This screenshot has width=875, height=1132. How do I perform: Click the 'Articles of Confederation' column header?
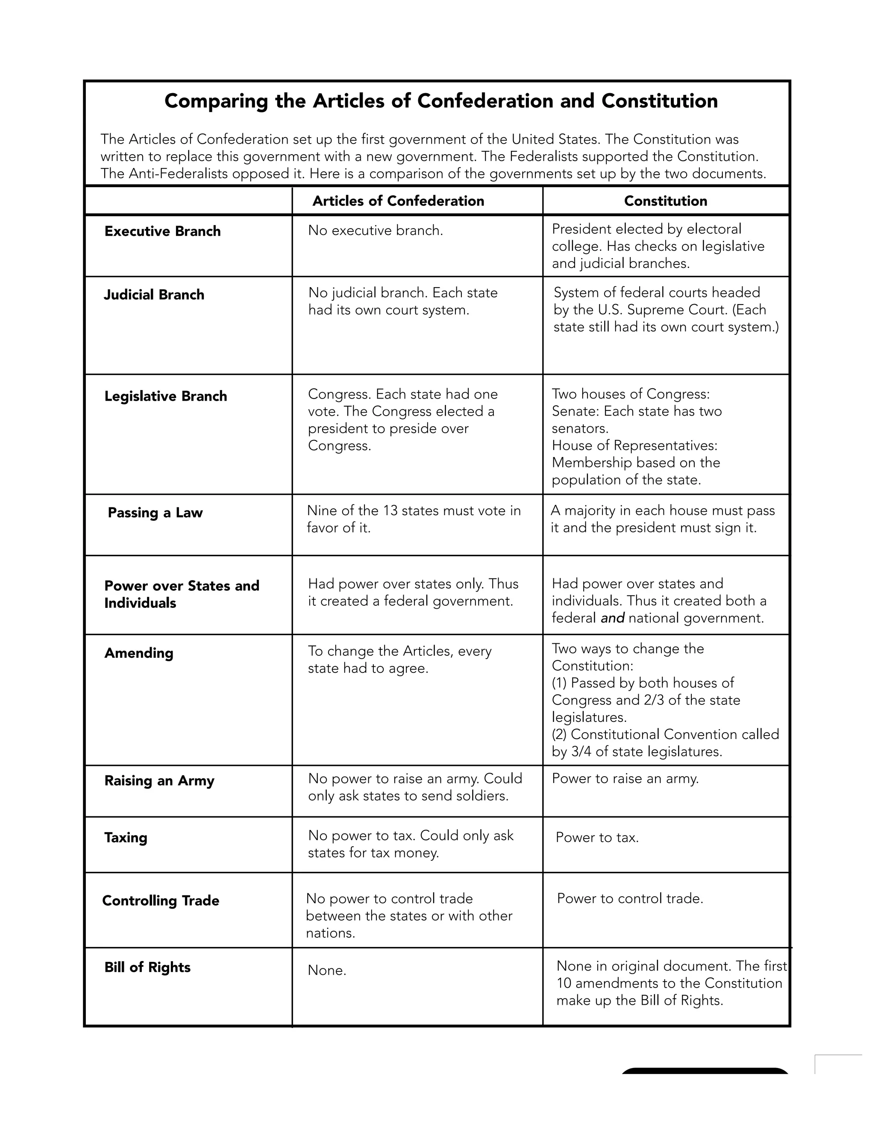click(398, 201)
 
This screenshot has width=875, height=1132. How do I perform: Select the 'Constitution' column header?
click(665, 201)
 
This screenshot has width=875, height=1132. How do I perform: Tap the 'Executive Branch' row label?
click(162, 231)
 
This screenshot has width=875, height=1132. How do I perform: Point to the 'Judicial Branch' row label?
click(154, 295)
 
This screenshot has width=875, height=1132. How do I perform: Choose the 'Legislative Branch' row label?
click(165, 396)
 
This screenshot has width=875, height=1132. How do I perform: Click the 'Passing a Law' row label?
click(155, 513)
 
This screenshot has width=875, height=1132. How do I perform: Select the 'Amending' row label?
click(139, 653)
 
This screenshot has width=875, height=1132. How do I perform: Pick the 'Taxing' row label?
click(126, 838)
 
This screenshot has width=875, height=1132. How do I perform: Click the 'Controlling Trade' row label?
click(161, 901)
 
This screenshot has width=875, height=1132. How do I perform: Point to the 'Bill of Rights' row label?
click(147, 967)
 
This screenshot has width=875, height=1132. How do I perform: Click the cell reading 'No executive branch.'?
click(375, 231)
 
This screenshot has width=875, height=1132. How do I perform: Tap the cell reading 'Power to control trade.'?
click(630, 899)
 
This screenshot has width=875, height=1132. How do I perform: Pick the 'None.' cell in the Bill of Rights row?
click(326, 970)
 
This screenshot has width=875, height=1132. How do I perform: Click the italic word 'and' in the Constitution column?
click(612, 619)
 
